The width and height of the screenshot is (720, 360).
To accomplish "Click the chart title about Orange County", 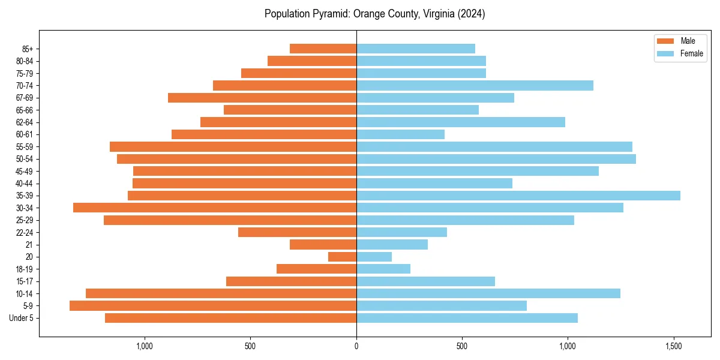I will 374,14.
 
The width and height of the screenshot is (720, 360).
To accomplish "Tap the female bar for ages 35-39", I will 518,196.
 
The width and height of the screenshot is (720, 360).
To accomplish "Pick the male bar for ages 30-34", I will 215,208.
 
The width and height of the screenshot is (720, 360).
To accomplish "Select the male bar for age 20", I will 342,257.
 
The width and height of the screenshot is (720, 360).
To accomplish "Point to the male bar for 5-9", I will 213,306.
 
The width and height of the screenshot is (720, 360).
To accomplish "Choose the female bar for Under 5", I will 467,318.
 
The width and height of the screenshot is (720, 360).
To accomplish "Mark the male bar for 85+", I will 323,49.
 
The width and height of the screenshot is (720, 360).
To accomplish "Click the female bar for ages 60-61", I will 400,134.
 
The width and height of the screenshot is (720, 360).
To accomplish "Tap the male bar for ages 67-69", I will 262,98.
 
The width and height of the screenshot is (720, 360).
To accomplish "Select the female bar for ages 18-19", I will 383,269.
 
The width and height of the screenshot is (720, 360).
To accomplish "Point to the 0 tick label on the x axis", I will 356,346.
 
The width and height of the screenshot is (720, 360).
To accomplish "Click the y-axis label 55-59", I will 24,147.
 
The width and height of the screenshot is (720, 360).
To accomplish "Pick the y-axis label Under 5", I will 22,318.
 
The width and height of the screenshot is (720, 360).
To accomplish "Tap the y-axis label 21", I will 29,245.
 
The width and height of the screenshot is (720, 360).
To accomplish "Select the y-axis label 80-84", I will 24,61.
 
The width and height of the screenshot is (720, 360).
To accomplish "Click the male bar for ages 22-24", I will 297,232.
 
